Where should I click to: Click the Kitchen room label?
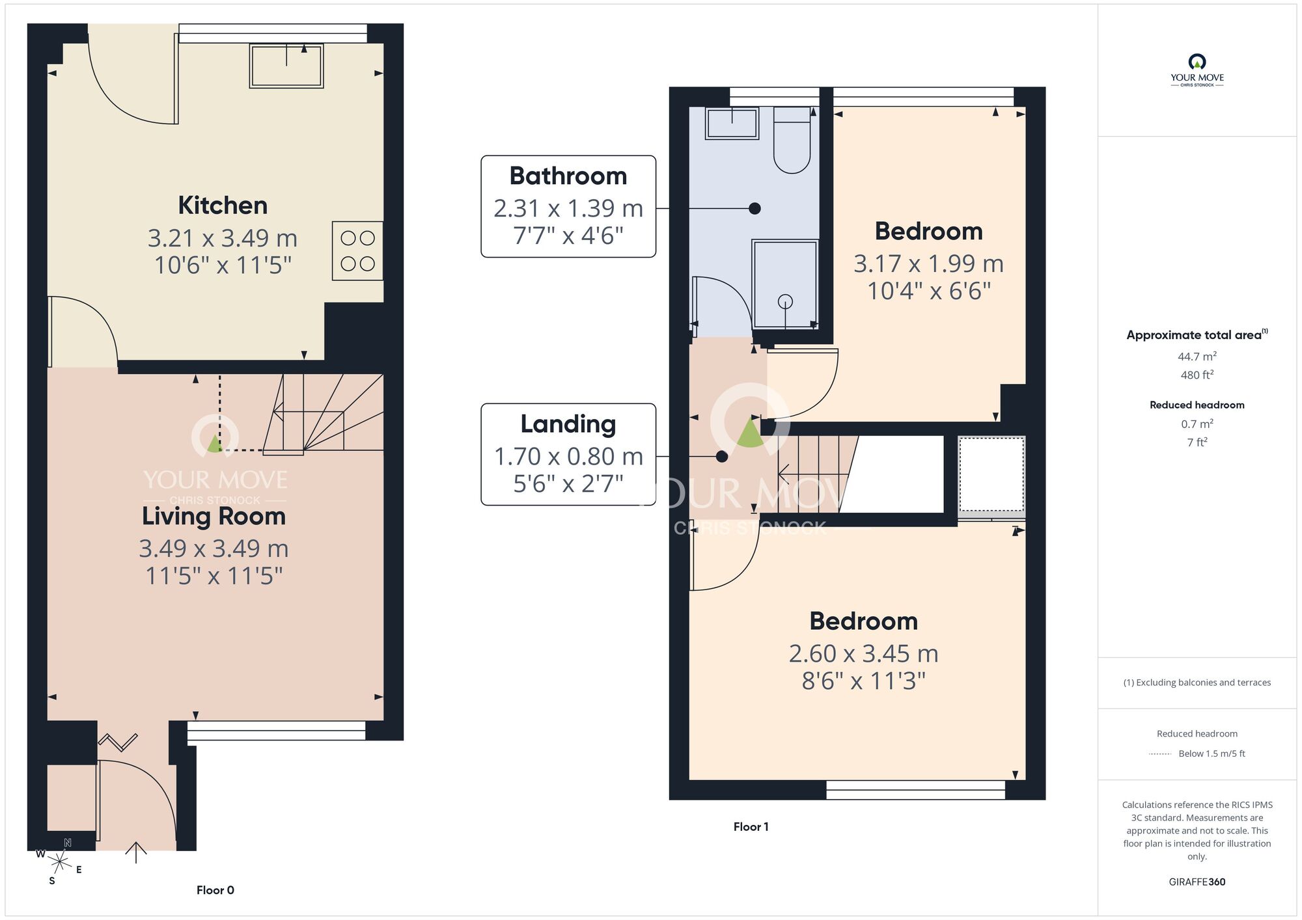pos(223,206)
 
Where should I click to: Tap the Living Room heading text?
pos(214,517)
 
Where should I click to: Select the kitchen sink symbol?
pos(286,66)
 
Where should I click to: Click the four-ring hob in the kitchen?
pos(357,251)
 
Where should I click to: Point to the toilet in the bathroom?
pos(792,143)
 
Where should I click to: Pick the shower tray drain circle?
pos(785,302)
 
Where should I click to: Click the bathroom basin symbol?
pos(732,123)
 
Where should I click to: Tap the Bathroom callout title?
pos(568,176)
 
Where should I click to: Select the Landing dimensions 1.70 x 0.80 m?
pos(568,457)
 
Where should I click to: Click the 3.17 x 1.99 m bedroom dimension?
pos(928,264)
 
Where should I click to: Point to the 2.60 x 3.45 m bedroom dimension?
pos(863,654)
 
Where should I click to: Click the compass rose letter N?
pos(68,843)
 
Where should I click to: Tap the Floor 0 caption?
pos(215,890)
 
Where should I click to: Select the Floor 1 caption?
pos(751,827)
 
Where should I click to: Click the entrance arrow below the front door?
pos(135,852)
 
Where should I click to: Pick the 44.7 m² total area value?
pos(1197,357)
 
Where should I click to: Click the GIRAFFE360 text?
pos(1197,882)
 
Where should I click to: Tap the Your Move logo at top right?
pos(1197,70)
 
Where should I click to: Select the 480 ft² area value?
pos(1197,375)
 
